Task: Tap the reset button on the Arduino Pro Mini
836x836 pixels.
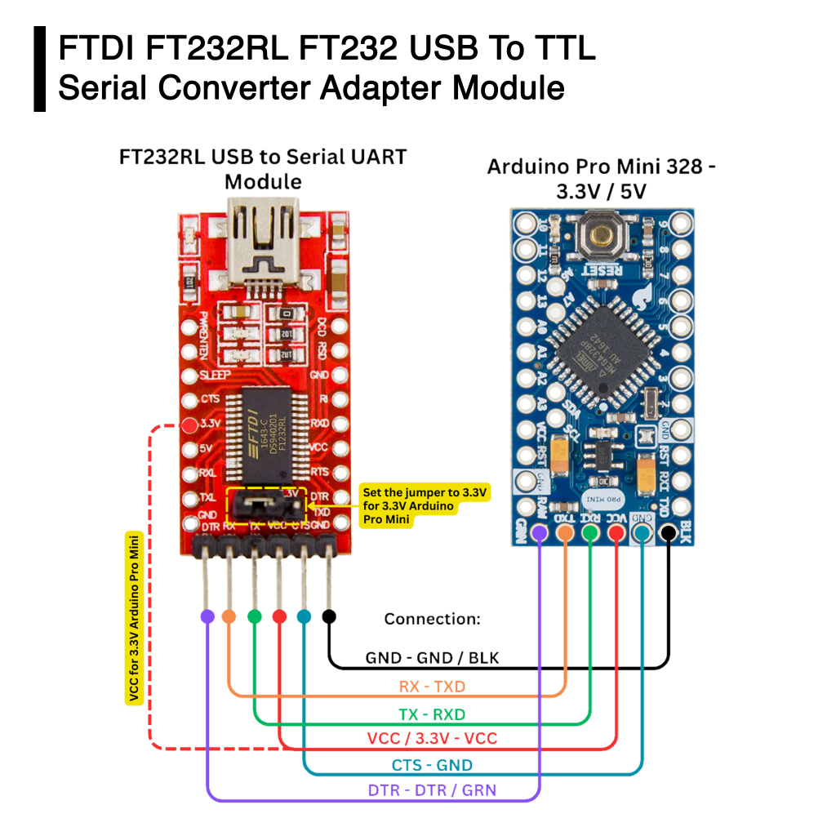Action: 603,236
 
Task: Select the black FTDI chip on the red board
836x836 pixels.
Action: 269,436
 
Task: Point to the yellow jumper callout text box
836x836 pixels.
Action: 425,506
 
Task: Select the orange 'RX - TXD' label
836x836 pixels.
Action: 432,687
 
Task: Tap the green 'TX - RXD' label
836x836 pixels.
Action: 432,714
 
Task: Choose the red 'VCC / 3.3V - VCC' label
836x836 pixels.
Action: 432,739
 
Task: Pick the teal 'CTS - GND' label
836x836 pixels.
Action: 432,765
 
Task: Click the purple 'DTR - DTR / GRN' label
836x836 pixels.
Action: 432,789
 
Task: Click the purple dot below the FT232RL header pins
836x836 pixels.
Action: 207,616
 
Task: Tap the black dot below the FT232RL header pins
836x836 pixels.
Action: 329,616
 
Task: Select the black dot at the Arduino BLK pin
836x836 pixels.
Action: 669,533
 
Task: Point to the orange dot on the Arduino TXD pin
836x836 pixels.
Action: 565,533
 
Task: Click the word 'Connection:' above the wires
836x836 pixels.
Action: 432,619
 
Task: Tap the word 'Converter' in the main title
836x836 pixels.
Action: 235,87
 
